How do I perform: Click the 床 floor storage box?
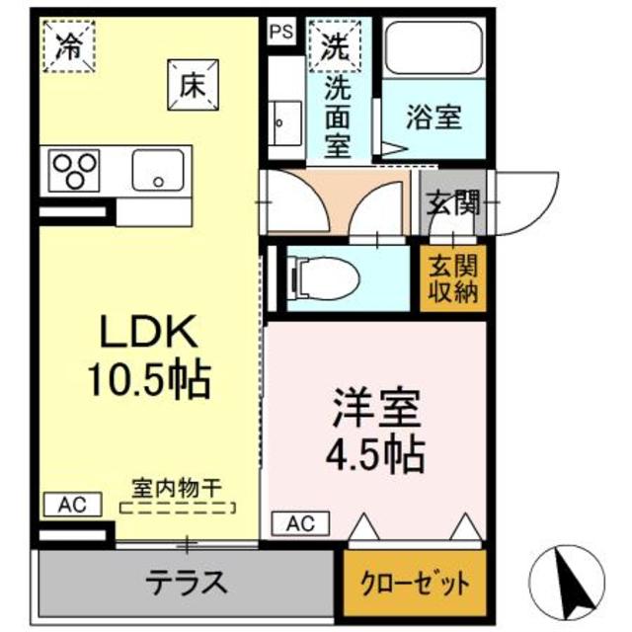tap(191, 84)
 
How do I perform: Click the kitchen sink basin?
tap(159, 170)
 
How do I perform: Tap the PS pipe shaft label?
tap(280, 30)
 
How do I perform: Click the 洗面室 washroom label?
tap(339, 117)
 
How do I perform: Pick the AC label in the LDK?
tap(71, 505)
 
